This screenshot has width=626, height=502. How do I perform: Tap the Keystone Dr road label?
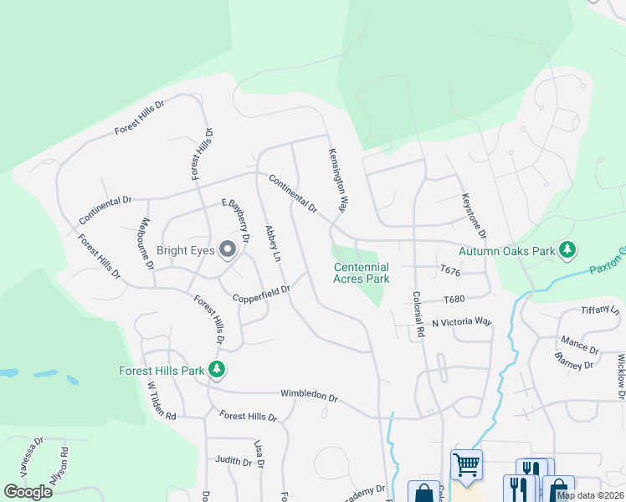tap(474, 216)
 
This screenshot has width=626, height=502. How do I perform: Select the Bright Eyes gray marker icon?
tap(227, 249)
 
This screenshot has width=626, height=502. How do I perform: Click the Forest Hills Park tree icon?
tap(217, 369)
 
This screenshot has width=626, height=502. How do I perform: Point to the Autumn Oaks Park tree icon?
tap(568, 250)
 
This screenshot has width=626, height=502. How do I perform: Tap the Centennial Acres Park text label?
tap(362, 273)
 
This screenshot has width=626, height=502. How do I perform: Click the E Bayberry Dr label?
tap(235, 220)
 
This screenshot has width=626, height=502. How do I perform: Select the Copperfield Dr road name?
tap(261, 293)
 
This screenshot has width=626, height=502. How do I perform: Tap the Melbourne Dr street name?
tap(145, 243)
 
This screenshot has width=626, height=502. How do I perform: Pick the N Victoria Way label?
tap(462, 321)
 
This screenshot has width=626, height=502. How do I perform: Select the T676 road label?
tap(451, 270)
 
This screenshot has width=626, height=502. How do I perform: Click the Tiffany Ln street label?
tap(600, 310)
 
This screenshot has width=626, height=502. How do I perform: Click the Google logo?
tap(28, 492)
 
